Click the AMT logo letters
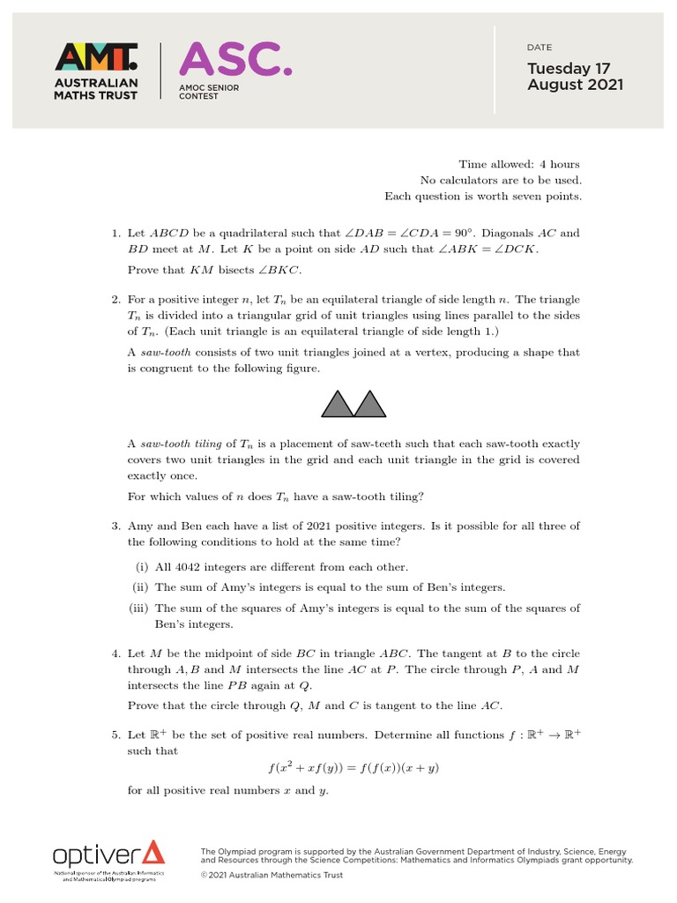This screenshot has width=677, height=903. (96, 57)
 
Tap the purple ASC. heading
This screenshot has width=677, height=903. (234, 59)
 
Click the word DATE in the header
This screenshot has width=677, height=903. (539, 48)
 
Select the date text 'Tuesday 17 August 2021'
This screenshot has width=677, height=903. (575, 77)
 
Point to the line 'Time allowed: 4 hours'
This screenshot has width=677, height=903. (519, 164)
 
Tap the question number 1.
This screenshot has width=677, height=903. (115, 234)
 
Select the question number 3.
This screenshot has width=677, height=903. (115, 526)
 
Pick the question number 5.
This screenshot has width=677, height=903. (115, 735)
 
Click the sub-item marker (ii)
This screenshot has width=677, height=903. (140, 587)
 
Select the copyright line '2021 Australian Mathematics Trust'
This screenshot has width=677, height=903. (275, 875)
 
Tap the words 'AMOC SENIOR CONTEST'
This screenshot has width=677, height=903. (208, 91)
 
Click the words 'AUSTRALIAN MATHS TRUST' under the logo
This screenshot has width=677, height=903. (96, 89)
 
